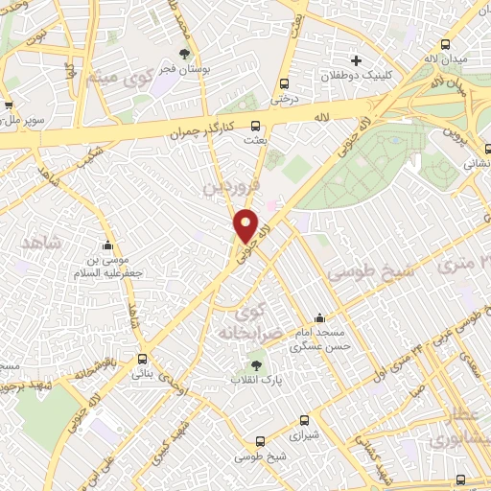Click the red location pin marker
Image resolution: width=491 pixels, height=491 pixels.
tap(246, 225)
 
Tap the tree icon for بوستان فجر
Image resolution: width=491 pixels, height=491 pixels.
tap(184, 54)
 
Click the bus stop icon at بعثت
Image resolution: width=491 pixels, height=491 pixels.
tap(256, 126)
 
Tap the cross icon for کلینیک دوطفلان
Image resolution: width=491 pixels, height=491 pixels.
tap(356, 60)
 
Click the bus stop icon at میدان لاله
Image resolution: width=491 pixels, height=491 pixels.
tap(445, 45)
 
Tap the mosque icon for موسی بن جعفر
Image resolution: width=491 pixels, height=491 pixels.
tap(107, 245)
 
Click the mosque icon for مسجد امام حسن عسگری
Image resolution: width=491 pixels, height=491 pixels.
tap(319, 318)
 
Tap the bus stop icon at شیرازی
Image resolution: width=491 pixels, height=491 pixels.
tap(305, 419)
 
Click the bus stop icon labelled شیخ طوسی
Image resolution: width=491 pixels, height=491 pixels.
tap(262, 442)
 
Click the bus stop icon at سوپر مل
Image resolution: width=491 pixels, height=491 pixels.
tap(8, 106)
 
